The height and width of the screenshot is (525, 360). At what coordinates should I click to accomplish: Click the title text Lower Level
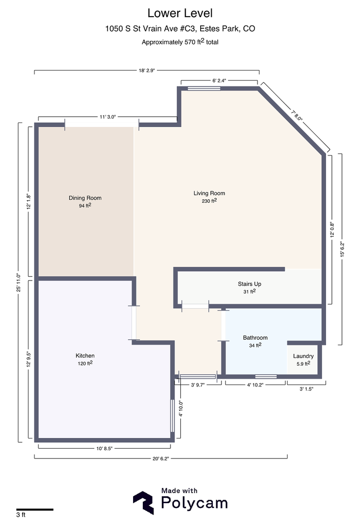pos(180,13)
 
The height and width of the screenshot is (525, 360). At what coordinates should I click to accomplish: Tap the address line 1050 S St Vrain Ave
pos(180,29)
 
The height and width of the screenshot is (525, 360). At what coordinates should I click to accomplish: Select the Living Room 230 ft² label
pos(209,197)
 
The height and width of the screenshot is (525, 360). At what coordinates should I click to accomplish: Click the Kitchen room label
pos(85,359)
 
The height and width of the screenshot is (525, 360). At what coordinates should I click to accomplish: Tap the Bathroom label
pos(255,341)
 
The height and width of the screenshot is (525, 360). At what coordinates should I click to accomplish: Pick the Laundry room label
pos(303,359)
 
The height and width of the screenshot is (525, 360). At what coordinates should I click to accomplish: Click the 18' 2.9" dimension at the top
pos(146,71)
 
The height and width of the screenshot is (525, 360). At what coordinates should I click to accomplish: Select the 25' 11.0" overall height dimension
pos(18,282)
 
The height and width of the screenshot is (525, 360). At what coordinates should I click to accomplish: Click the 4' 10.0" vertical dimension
pos(181,409)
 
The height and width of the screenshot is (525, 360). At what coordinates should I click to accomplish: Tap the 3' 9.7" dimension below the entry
pos(198,385)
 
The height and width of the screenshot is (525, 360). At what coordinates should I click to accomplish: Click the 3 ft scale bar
pos(34,509)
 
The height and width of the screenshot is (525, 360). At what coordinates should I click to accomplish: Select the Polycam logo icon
pos(144,503)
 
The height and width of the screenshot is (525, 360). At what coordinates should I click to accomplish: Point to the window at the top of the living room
pos(203,88)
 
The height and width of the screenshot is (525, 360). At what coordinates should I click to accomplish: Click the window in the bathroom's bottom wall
pos(266,376)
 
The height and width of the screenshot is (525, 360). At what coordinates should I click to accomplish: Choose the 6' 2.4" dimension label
pos(219,80)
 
